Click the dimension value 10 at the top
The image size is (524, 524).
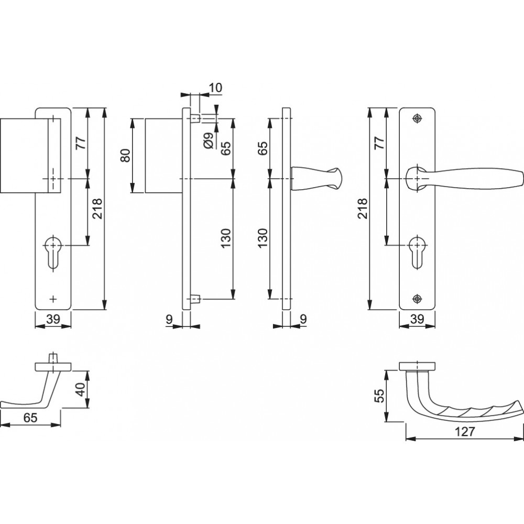pyautogui.click(x=215, y=88)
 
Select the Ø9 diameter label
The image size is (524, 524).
pyautogui.click(x=208, y=140)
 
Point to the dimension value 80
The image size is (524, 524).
pyautogui.click(x=125, y=156)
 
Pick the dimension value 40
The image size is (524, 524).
pyautogui.click(x=81, y=389)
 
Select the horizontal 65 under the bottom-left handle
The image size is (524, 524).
pyautogui.click(x=30, y=418)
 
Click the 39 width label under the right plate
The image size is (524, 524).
pyautogui.click(x=417, y=319)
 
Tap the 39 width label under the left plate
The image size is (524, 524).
pyautogui.click(x=53, y=319)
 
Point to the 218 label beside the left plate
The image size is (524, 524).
pyautogui.click(x=97, y=209)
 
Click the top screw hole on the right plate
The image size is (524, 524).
pyautogui.click(x=417, y=118)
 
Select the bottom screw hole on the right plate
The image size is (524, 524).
pyautogui.click(x=417, y=299)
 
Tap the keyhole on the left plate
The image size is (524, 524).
pyautogui.click(x=53, y=253)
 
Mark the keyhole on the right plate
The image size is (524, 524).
pyautogui.click(x=417, y=253)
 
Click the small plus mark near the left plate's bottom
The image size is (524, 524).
pyautogui.click(x=53, y=299)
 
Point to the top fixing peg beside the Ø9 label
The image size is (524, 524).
pyautogui.click(x=195, y=118)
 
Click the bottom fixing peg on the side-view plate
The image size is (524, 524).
pyautogui.click(x=195, y=299)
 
